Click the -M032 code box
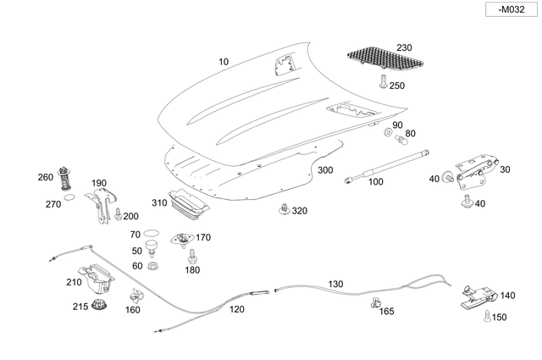(x=512, y=9)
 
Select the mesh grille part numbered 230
(x=384, y=58)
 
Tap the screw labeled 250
(x=383, y=81)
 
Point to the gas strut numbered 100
(x=386, y=166)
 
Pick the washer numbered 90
(x=388, y=132)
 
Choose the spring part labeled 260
(x=64, y=177)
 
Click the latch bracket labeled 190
(x=102, y=205)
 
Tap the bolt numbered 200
(x=118, y=213)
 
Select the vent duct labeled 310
(x=188, y=204)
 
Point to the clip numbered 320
(x=284, y=209)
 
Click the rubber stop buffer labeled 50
(x=151, y=248)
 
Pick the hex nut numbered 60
(x=151, y=267)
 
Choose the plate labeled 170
(x=182, y=240)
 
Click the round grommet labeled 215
(x=100, y=306)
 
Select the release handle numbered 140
(x=479, y=296)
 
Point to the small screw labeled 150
(x=487, y=316)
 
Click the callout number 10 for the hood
(x=224, y=62)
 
